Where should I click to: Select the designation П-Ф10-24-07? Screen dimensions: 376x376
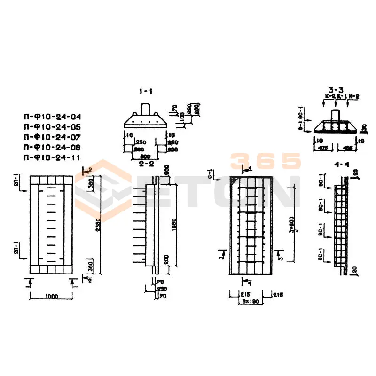tap(52, 136)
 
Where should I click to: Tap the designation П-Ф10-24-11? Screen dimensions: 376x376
tap(52, 157)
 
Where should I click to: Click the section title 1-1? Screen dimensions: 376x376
tap(146, 91)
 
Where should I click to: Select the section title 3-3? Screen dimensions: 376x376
tap(336, 89)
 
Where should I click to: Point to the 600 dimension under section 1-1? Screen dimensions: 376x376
tap(145, 157)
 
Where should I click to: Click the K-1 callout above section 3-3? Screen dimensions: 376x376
tap(336, 96)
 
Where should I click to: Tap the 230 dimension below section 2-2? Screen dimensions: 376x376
tap(162, 290)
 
